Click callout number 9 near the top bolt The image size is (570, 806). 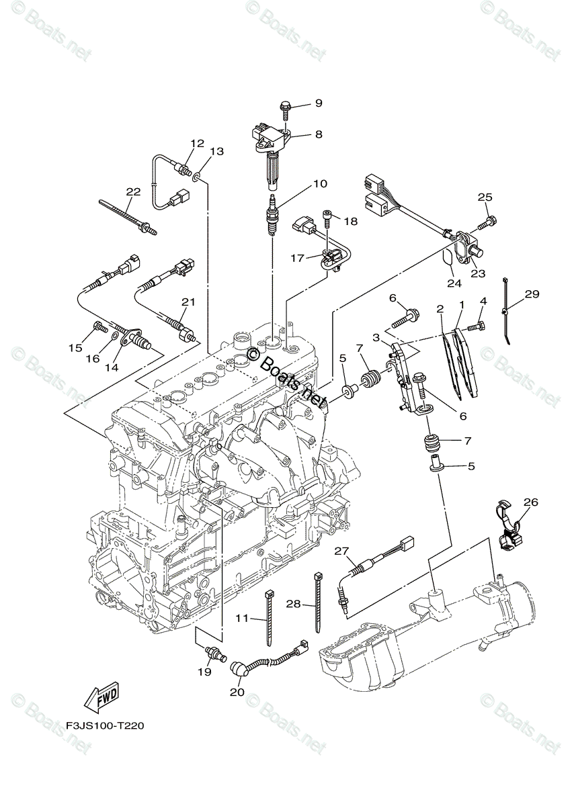(318, 103)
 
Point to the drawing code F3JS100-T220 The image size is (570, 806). (105, 726)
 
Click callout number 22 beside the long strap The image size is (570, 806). (133, 191)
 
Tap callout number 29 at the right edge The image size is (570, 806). (532, 294)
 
